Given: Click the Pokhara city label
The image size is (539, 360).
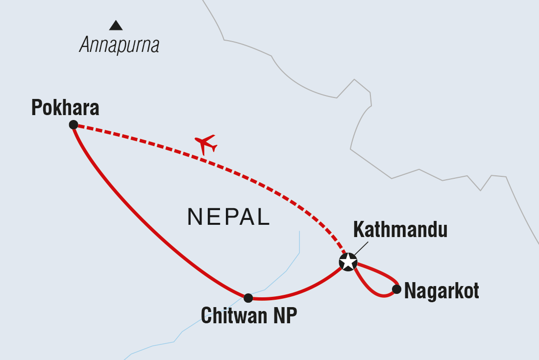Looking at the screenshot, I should [65, 108].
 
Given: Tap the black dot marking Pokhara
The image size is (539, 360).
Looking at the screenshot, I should [73, 125].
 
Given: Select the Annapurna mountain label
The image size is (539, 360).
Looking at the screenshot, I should [119, 46].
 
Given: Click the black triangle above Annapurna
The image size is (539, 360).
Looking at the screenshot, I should [116, 26].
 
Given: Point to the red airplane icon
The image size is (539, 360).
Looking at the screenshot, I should [206, 144].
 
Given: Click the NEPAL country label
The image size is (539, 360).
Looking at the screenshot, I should [228, 217].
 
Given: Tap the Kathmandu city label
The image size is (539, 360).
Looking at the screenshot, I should [400, 230].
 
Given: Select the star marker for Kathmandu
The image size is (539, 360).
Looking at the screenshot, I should [348, 262].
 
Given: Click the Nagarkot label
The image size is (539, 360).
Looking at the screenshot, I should [441, 291].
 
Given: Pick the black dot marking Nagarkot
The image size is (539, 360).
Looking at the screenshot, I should [396, 289].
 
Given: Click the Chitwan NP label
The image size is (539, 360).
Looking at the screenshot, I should [249, 316].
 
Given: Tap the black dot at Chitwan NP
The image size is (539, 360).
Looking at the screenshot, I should [248, 298].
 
